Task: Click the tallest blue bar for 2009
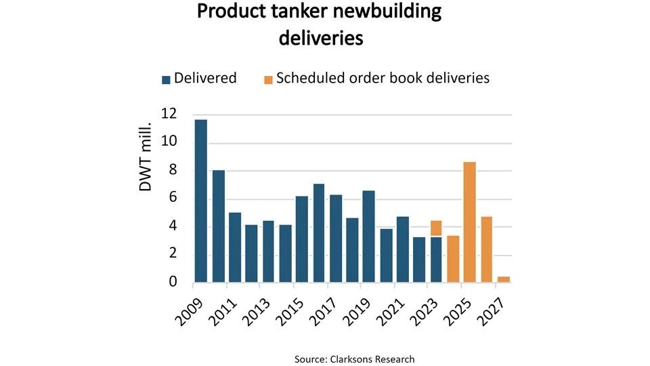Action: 201,201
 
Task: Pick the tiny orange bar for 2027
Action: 503,279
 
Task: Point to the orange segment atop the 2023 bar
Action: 436,228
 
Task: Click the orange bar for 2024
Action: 453,258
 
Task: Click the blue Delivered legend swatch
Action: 166,79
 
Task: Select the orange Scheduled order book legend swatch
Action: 268,79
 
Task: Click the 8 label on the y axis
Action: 173,170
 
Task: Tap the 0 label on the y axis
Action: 173,281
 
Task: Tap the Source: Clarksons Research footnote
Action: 354,359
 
